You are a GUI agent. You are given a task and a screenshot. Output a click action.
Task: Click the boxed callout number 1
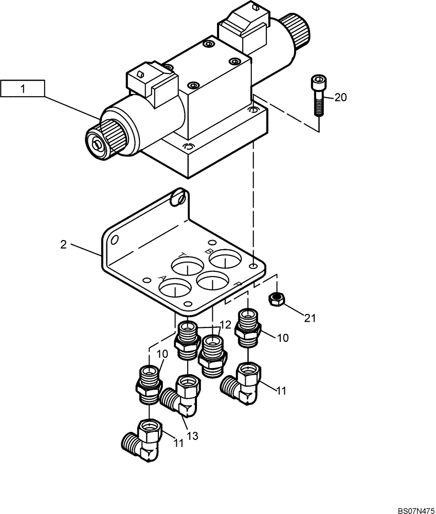coord(23,89)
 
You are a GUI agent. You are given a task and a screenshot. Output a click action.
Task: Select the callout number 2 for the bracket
coord(63,245)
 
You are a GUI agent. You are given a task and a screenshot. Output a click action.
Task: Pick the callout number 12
coord(225,325)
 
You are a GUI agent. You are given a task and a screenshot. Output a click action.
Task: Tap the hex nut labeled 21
coord(277,298)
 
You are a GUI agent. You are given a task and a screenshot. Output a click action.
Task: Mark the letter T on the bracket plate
coord(183,255)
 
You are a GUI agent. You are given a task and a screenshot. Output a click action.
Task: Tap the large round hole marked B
coord(225,259)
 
